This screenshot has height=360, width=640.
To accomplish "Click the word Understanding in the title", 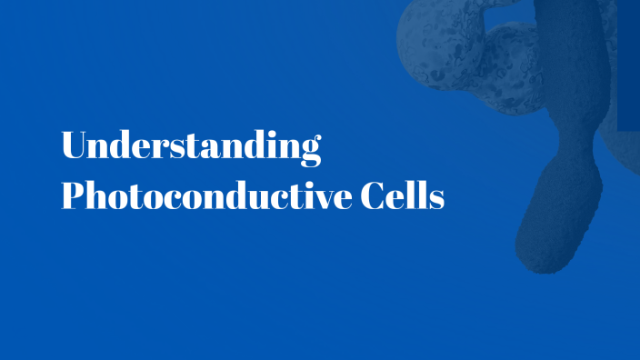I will click(x=191, y=147).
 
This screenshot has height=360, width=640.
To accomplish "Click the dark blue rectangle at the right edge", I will click(x=628, y=64).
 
